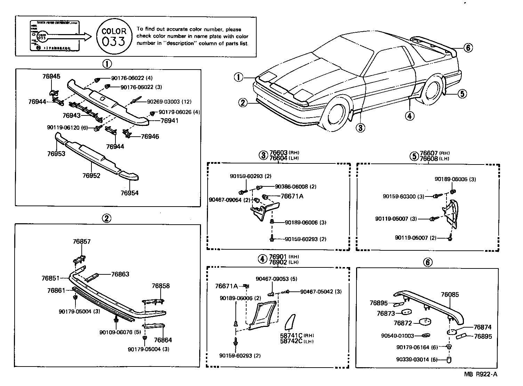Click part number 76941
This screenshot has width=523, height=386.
coord(169,121)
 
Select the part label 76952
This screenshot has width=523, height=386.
coord(91,176)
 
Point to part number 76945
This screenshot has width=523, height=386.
coord(51,77)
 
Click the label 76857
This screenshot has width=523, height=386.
coord(82,242)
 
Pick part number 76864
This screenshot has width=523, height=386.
coord(163,340)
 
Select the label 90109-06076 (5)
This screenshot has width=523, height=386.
coord(120,332)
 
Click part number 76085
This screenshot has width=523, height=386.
coord(450,295)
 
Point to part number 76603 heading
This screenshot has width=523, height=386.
coord(279,153)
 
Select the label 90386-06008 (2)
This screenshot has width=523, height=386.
coord(296,187)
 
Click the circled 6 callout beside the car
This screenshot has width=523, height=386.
coord(468,48)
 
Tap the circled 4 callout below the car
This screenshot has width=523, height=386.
coord(410,116)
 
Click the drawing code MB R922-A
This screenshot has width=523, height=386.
coord(481,375)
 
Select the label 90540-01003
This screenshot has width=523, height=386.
coord(397,336)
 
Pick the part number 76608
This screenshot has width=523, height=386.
coord(429,159)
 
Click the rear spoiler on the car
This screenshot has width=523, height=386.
coord(435,43)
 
